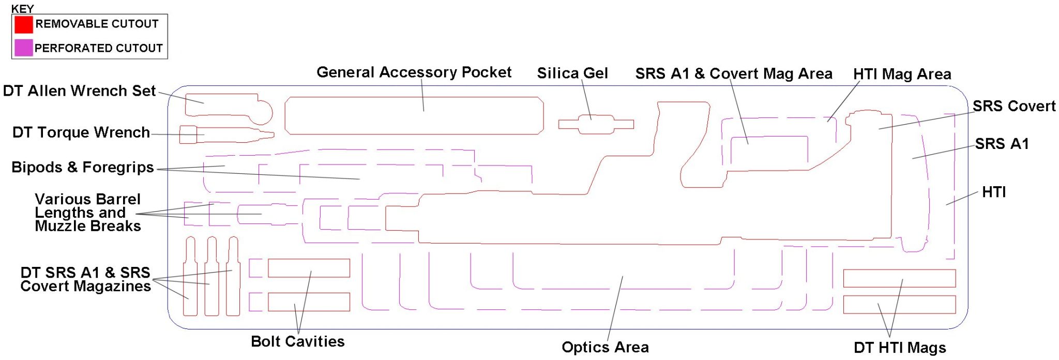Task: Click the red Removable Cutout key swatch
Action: click(23, 24)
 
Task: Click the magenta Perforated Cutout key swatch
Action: click(23, 48)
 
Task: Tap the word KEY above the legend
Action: click(22, 9)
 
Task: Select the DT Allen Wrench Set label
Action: click(79, 91)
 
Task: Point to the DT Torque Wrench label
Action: click(81, 132)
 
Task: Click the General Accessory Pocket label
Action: click(414, 72)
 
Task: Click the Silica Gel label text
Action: click(572, 73)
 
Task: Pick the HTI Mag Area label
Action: click(902, 74)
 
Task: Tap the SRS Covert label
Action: click(1013, 106)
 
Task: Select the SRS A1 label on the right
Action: click(1002, 144)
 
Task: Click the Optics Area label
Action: click(605, 347)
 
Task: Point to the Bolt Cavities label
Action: click(297, 341)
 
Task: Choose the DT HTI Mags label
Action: click(900, 348)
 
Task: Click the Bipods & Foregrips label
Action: click(83, 168)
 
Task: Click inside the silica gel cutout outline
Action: click(595, 124)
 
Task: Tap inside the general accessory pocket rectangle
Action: click(414, 116)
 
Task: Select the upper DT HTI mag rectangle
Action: click(899, 278)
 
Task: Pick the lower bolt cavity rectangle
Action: click(309, 302)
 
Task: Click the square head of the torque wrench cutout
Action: click(188, 134)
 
